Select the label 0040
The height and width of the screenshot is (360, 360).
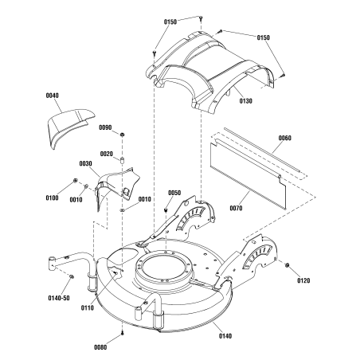[x=52, y=96]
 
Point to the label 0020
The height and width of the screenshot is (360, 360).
[x=106, y=154]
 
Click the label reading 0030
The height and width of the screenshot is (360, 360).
[x=85, y=164]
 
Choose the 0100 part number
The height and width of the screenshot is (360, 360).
[x=53, y=197]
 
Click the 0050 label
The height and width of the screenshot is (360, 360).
[x=174, y=193]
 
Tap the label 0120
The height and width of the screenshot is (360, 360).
[x=303, y=280]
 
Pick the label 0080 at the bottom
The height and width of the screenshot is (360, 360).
[x=101, y=347]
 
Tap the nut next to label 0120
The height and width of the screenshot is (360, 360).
[x=287, y=265]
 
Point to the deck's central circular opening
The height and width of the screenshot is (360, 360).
[x=166, y=270]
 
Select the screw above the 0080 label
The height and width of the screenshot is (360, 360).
[x=120, y=334]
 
